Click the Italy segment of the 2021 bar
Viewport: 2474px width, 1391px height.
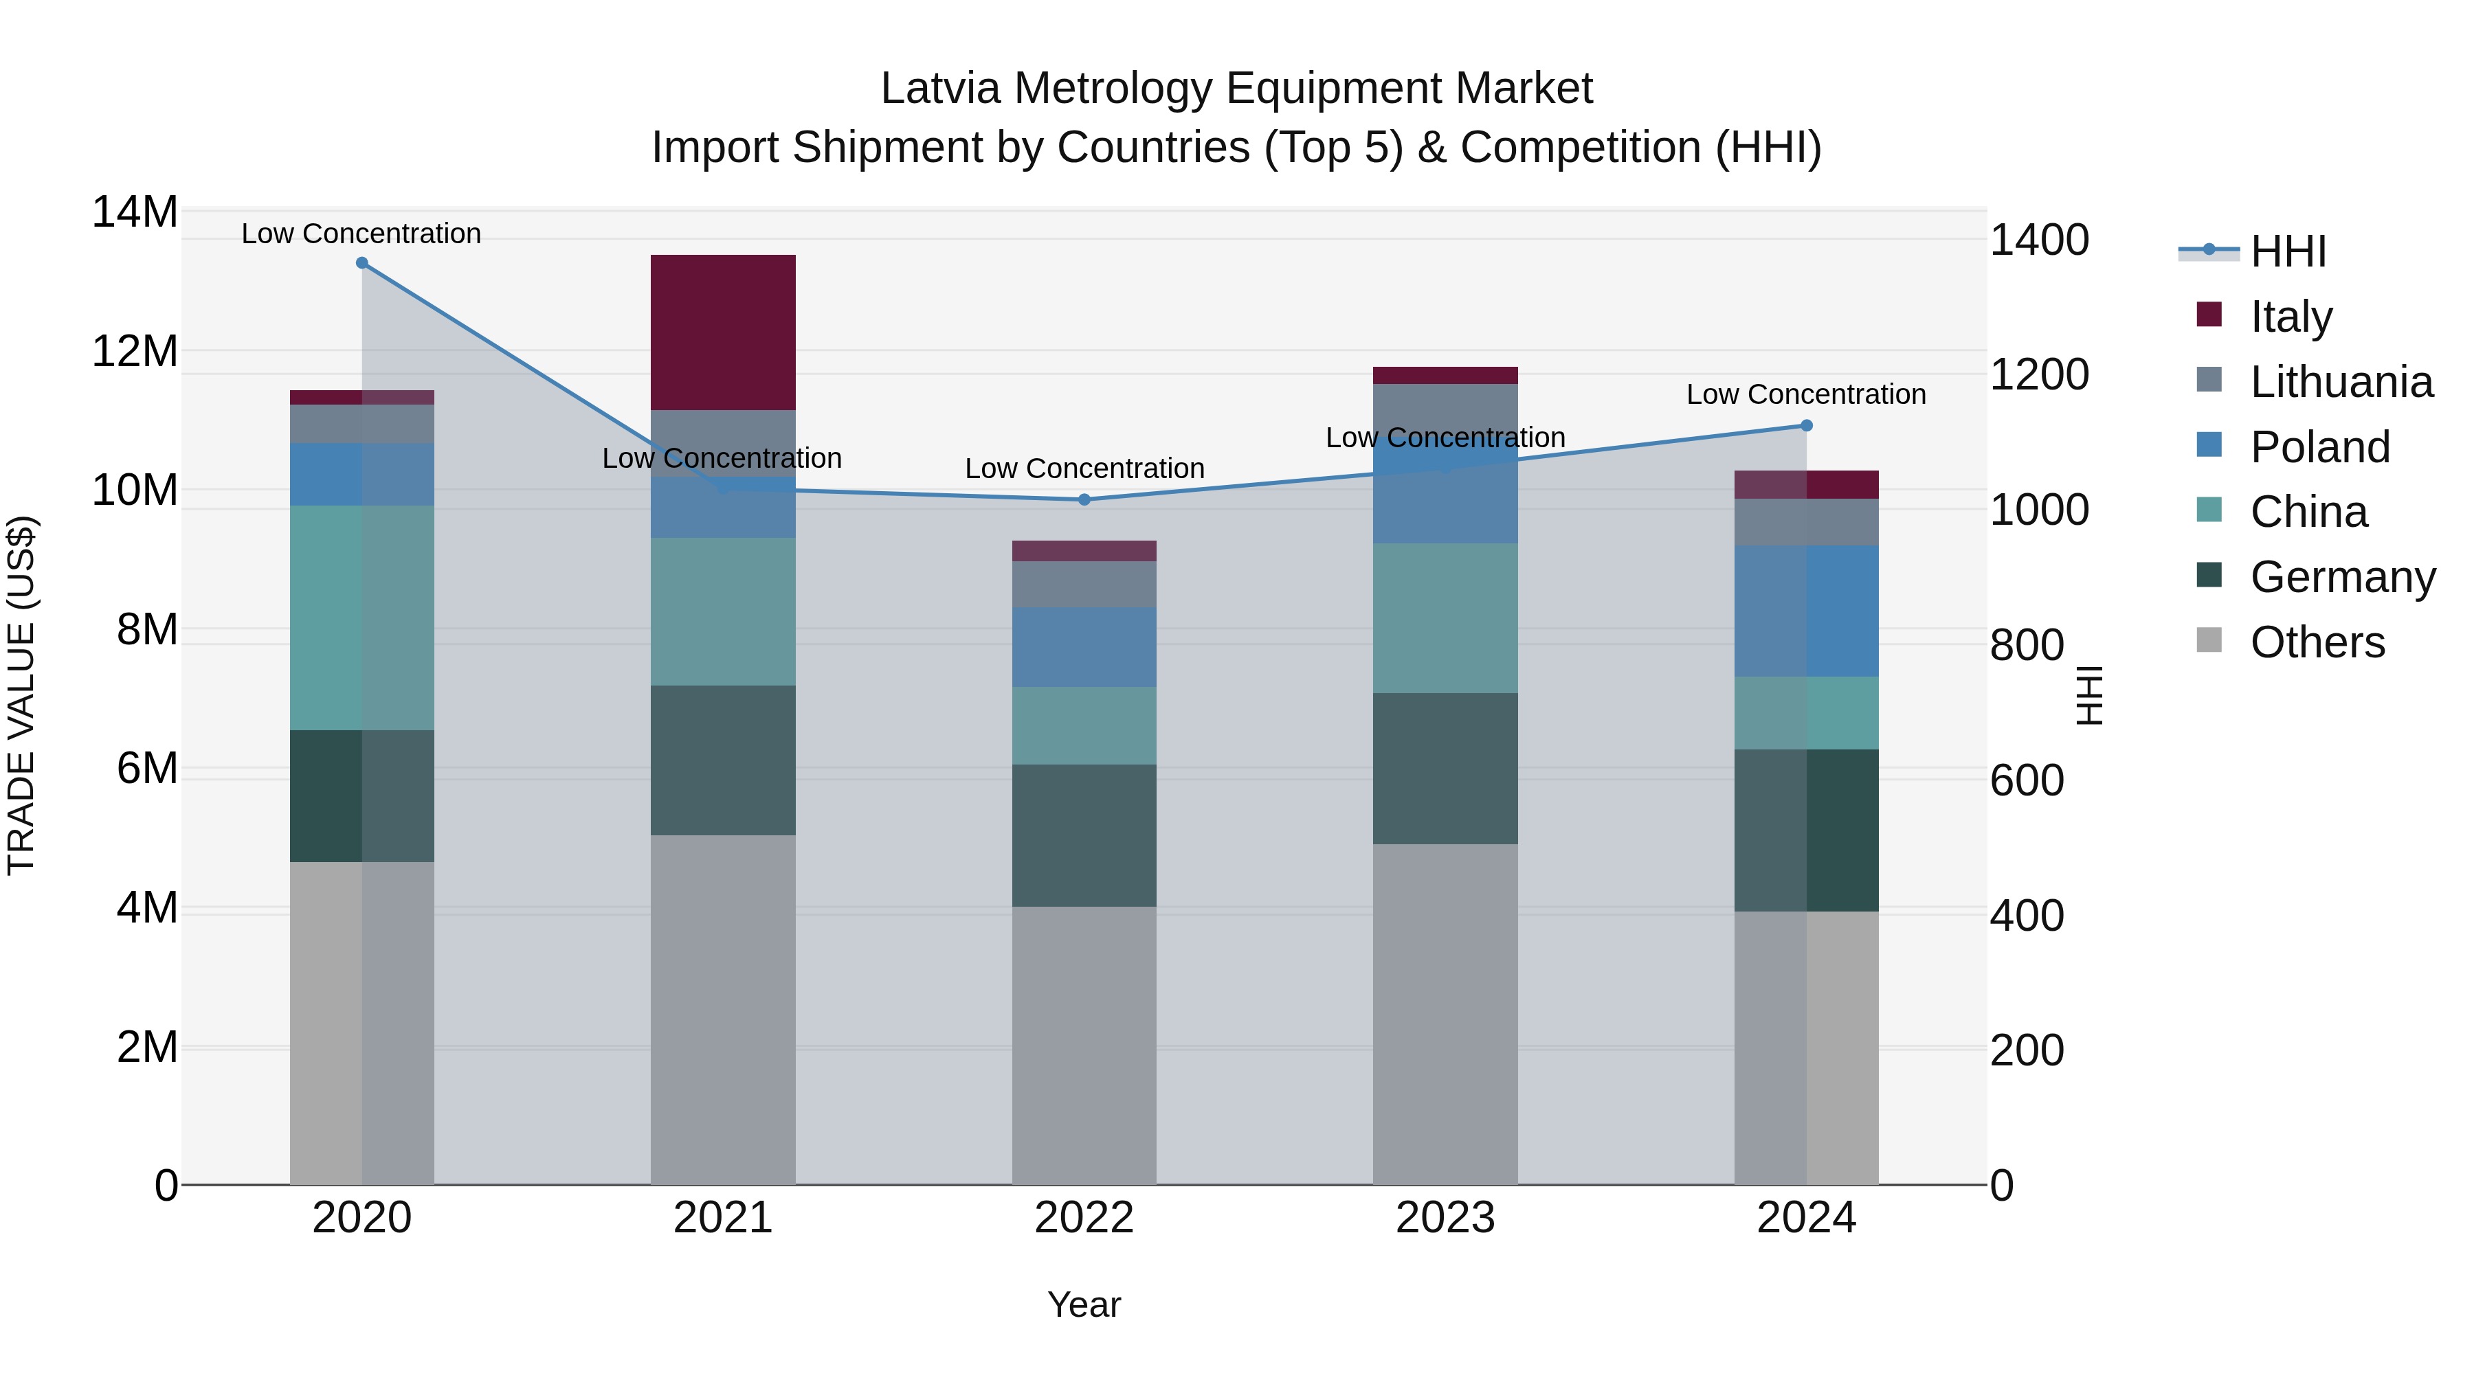pyautogui.click(x=723, y=332)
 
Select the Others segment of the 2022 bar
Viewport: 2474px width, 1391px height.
pyautogui.click(x=1084, y=1045)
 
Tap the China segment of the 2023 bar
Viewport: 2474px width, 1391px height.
pyautogui.click(x=1445, y=618)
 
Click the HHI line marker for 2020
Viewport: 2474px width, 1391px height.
pyautogui.click(x=362, y=263)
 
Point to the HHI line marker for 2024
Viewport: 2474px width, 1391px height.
pyautogui.click(x=1807, y=425)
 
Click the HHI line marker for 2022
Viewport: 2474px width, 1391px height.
pyautogui.click(x=1084, y=499)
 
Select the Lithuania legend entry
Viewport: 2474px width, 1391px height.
pyautogui.click(x=2341, y=382)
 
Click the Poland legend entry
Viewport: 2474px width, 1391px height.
pyautogui.click(x=2319, y=447)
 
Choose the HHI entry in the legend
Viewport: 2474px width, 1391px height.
pyautogui.click(x=2288, y=251)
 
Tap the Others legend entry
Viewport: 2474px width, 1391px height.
pyautogui.click(x=2317, y=642)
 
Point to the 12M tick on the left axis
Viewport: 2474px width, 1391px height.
pyautogui.click(x=135, y=351)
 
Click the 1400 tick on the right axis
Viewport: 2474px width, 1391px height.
pyautogui.click(x=2038, y=240)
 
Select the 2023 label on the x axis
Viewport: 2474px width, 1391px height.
pyautogui.click(x=1445, y=1218)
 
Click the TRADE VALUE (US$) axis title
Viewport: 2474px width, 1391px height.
pyautogui.click(x=21, y=695)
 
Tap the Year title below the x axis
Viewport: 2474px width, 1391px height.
pyautogui.click(x=1084, y=1304)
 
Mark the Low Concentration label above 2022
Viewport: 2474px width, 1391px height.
pyautogui.click(x=1084, y=468)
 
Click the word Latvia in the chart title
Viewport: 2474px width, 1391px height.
pyautogui.click(x=941, y=89)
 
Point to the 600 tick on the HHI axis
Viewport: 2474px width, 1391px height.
pyautogui.click(x=2027, y=780)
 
